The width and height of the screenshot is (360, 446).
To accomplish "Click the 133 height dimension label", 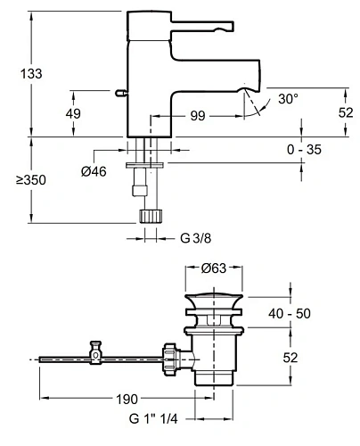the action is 31,73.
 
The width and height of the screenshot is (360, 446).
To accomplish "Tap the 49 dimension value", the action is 73,113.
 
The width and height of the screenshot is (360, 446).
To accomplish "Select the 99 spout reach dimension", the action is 198,116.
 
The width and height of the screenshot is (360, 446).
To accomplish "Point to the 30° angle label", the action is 288,99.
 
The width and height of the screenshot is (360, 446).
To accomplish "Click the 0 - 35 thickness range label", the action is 304,149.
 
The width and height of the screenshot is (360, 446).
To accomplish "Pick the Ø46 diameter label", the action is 94,171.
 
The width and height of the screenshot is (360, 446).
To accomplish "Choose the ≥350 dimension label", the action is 31,180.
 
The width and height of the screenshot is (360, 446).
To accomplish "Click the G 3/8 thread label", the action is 196,238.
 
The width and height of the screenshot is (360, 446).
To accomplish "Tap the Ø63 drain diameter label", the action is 214,268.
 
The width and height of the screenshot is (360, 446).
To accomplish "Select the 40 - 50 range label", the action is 290,313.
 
